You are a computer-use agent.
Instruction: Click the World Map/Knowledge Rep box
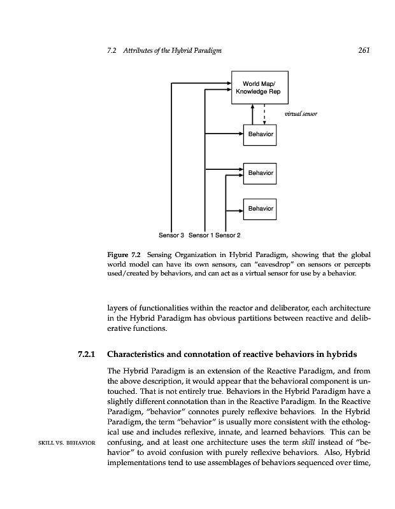pyautogui.click(x=261, y=87)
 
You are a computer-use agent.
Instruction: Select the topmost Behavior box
pyautogui.click(x=261, y=135)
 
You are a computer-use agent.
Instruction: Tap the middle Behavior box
pyautogui.click(x=261, y=172)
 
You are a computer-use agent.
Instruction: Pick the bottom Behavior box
pyautogui.click(x=261, y=208)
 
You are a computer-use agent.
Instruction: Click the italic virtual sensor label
pyautogui.click(x=301, y=115)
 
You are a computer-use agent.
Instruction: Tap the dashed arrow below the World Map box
pyautogui.click(x=264, y=115)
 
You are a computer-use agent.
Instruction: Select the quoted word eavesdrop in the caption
pyautogui.click(x=255, y=264)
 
